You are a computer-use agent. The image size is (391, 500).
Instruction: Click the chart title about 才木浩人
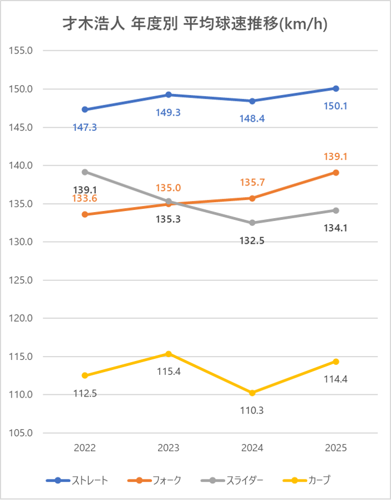click(x=195, y=25)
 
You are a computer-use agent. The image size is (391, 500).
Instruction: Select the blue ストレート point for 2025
click(x=336, y=89)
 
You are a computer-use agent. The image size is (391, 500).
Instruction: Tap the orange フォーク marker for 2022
click(x=85, y=214)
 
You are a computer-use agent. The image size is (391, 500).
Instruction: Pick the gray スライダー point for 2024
click(x=252, y=223)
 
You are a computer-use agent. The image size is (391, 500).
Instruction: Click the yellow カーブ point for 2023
click(x=169, y=354)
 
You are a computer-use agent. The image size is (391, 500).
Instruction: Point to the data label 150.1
click(x=336, y=106)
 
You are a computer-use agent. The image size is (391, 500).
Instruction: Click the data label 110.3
click(x=252, y=411)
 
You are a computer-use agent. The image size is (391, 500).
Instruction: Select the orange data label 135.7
click(x=252, y=182)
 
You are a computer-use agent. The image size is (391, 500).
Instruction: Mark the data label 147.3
click(x=85, y=127)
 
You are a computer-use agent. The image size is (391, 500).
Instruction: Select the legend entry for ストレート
click(x=78, y=480)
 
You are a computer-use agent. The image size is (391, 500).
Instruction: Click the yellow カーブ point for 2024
click(x=252, y=393)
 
